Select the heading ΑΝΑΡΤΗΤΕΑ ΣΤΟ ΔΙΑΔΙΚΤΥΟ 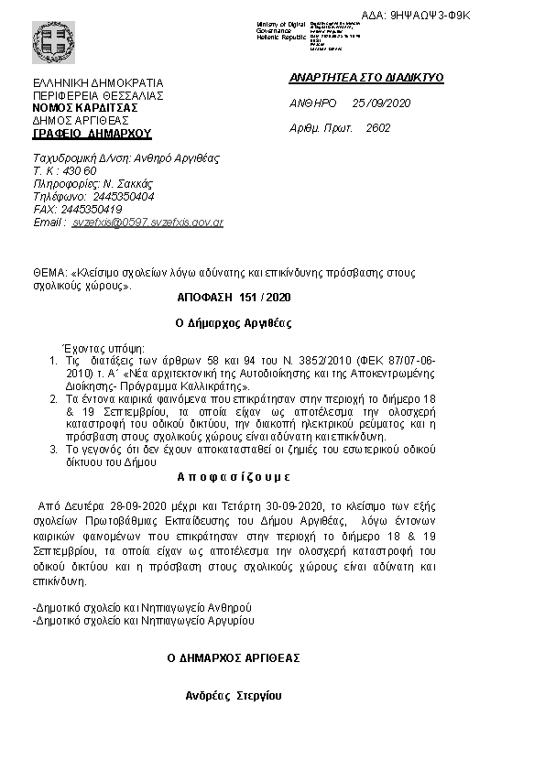tap(366, 79)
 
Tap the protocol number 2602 tap(377, 128)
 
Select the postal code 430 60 tap(78, 171)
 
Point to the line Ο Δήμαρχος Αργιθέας tap(234, 323)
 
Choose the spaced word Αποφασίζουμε tap(232, 477)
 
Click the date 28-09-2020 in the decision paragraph tap(115, 505)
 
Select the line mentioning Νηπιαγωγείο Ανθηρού tap(141, 607)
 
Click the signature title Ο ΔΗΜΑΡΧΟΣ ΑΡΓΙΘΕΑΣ tap(233, 658)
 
